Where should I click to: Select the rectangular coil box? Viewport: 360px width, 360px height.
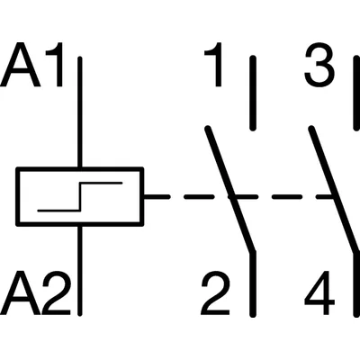[80, 195]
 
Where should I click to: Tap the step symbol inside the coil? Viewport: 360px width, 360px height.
[79, 195]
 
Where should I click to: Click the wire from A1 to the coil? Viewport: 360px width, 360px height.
[81, 112]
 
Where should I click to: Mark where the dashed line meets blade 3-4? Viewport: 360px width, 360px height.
[334, 195]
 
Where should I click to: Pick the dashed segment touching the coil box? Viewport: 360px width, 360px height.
[156, 195]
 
